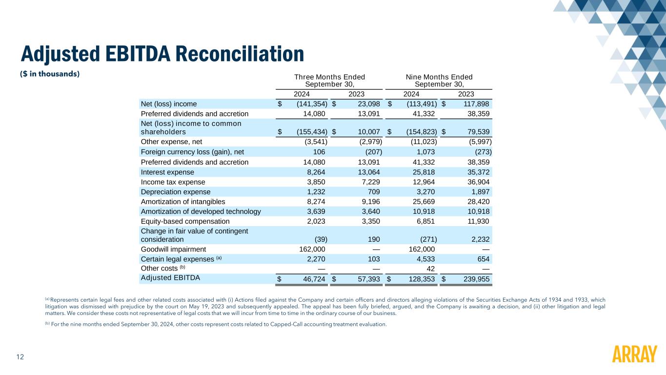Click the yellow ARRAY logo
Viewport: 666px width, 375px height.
pos(634,354)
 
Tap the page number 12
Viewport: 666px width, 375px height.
pos(20,357)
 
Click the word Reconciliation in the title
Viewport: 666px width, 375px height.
pos(240,54)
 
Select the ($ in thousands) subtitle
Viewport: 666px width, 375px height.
pos(50,74)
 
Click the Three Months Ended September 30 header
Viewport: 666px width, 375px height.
pos(329,81)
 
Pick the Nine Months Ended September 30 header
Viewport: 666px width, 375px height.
pos(439,81)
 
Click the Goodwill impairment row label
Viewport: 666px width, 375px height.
pos(173,249)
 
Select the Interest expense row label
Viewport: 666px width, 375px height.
pos(167,172)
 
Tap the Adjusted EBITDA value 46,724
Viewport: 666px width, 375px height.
pos(314,279)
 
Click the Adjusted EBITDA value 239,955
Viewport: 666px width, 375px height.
pos(476,279)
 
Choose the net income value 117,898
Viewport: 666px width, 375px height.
pos(476,104)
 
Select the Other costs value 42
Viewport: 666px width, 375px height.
pos(430,269)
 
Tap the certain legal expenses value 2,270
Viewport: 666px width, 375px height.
pos(316,259)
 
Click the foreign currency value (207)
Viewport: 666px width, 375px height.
pos(374,152)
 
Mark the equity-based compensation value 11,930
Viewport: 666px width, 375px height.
pos(478,221)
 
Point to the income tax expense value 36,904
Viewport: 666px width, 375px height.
pos(478,182)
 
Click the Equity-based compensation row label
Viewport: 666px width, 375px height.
pos(185,221)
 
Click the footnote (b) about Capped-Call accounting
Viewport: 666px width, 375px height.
pos(216,324)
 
